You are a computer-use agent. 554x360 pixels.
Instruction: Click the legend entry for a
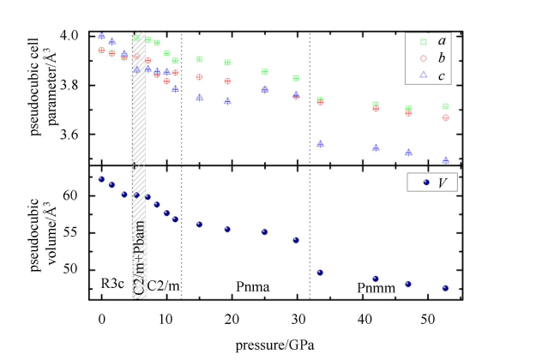click(432, 40)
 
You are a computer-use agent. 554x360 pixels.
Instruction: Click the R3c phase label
click(112, 285)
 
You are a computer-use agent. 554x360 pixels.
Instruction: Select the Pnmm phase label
click(376, 285)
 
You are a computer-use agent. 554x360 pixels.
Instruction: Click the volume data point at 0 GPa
click(102, 179)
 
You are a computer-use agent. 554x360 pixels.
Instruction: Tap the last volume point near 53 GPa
click(445, 288)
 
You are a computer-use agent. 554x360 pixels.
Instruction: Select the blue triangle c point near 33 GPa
click(320, 144)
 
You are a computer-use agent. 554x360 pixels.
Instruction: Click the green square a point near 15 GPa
click(200, 59)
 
